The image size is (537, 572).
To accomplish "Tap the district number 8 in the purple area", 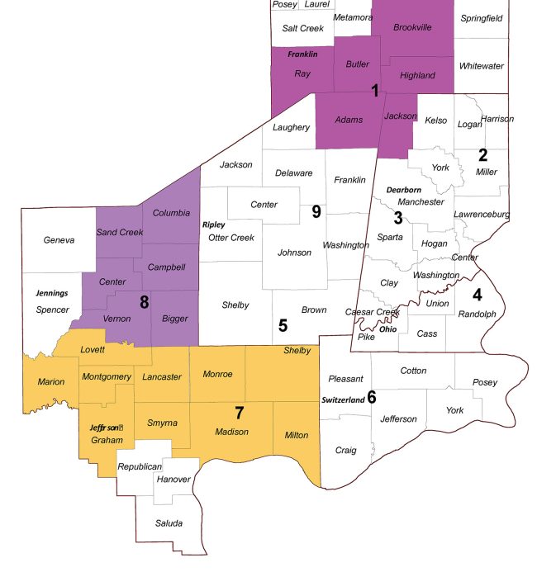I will (x=144, y=302).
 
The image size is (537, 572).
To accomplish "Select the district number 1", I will (x=375, y=90).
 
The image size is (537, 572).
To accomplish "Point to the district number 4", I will (x=477, y=295).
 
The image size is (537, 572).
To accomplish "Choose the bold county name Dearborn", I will (x=403, y=190).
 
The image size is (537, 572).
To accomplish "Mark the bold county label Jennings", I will (x=51, y=293).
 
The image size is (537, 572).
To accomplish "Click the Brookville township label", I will (x=412, y=27).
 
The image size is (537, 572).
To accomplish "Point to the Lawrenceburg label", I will (x=482, y=215).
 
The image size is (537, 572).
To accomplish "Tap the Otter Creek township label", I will (x=230, y=238).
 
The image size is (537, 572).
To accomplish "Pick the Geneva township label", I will (x=59, y=240).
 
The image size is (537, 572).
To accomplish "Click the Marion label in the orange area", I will (x=51, y=382).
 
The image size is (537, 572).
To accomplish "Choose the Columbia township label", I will (x=171, y=213).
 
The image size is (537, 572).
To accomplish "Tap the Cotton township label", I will (x=413, y=371).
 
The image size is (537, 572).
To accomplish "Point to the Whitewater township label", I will (x=482, y=66).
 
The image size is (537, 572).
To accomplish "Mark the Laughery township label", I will (x=291, y=127).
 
